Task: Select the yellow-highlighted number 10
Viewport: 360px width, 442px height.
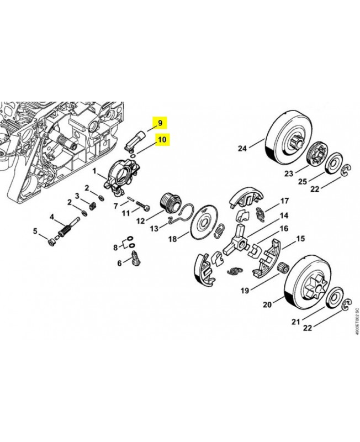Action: (162, 140)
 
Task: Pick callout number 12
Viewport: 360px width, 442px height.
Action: (141, 220)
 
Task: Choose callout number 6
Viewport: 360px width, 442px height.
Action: (119, 264)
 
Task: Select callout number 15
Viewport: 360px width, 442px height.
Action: (300, 239)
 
